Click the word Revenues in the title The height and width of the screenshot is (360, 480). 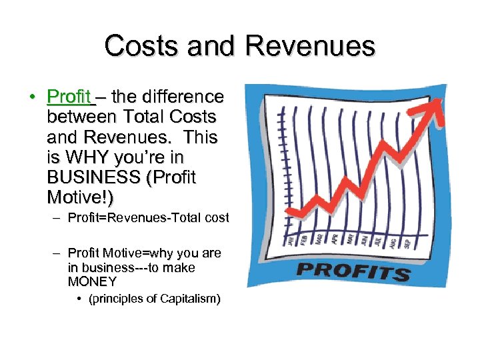tap(310, 46)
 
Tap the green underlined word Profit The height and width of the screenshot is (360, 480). tap(69, 97)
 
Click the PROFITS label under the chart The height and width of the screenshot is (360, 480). tap(353, 271)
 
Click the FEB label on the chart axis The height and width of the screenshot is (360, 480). tap(305, 238)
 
